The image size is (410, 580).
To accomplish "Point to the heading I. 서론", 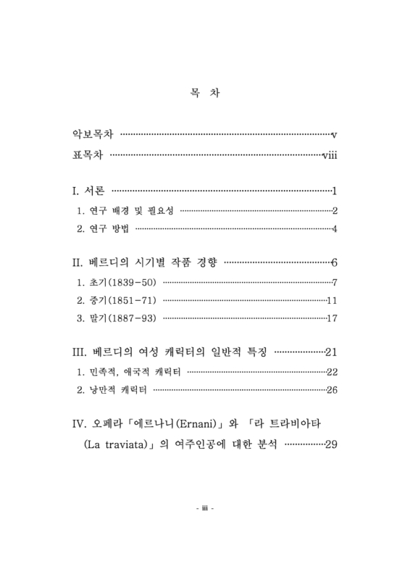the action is click(88, 192).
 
